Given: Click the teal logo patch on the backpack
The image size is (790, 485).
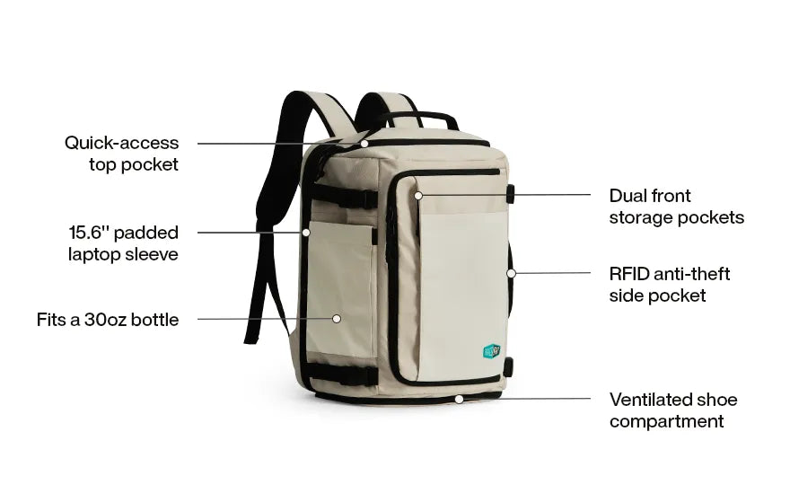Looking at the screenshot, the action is coord(492,351).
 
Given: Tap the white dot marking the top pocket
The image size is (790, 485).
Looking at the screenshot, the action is coord(364,143).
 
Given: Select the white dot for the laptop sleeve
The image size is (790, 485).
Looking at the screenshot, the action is coord(306,233).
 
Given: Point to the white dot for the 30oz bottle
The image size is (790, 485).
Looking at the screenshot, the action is coord(337,319).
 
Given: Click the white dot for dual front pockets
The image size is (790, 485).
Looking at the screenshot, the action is coord(418,195).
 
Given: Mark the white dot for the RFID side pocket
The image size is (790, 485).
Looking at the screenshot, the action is coord(511,273).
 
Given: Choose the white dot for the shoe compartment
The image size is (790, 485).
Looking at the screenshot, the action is coord(459,400).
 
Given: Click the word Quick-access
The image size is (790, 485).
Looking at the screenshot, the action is coord(121,143).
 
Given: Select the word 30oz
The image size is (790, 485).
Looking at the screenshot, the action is coord(105,320).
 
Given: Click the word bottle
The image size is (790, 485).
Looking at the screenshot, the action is coord(155,320).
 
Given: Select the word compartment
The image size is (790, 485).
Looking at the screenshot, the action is coord(666,421).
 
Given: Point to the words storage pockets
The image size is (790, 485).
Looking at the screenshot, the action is coord(677,217).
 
